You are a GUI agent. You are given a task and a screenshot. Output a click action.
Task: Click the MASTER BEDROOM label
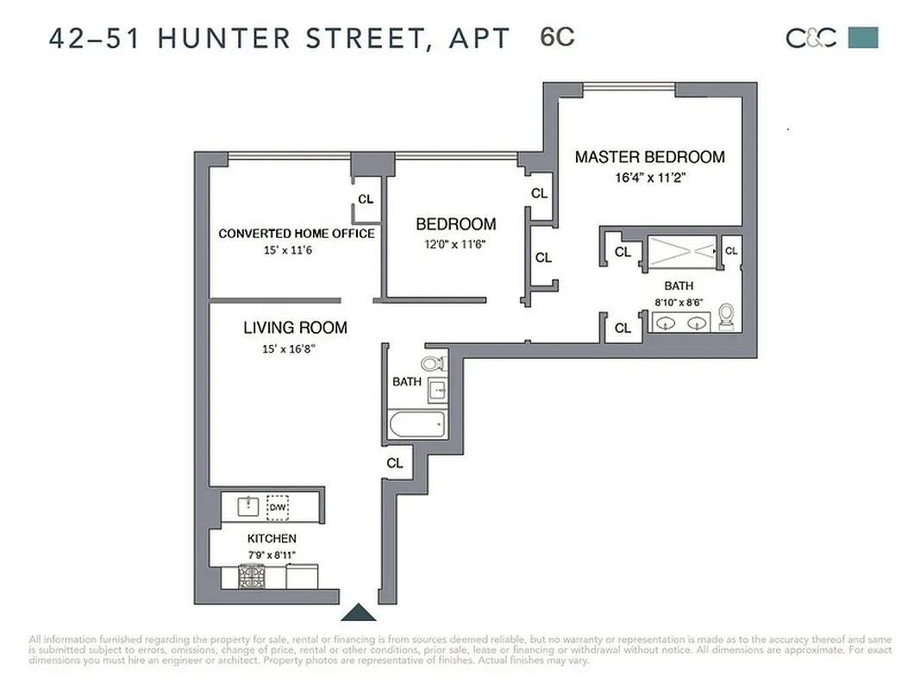pyautogui.click(x=649, y=157)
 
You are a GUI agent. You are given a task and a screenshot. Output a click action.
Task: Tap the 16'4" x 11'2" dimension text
pyautogui.click(x=649, y=179)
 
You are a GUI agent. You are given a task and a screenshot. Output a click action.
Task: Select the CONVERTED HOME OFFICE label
pyautogui.click(x=296, y=234)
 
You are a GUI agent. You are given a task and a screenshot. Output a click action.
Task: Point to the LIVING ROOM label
pyautogui.click(x=295, y=328)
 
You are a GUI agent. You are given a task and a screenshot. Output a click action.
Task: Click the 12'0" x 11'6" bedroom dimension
pyautogui.click(x=455, y=244)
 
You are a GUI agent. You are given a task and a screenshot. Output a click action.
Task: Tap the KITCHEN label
pyautogui.click(x=272, y=538)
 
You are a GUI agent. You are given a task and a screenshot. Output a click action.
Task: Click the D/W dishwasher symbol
pyautogui.click(x=277, y=506)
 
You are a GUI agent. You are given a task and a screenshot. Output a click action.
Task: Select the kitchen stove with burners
pyautogui.click(x=252, y=575)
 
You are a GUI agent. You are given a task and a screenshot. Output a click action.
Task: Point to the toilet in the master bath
pyautogui.click(x=727, y=317)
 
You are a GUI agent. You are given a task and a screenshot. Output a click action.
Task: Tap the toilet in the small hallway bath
pyautogui.click(x=432, y=363)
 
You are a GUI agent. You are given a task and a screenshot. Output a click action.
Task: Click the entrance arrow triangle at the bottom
pyautogui.click(x=358, y=612)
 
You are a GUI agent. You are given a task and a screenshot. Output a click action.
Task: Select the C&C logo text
pyautogui.click(x=810, y=38)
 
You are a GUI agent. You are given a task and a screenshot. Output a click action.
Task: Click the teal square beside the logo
pyautogui.click(x=863, y=37)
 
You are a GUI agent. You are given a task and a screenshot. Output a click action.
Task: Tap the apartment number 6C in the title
pyautogui.click(x=557, y=38)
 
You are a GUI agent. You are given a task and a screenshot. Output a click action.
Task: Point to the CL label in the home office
pyautogui.click(x=366, y=199)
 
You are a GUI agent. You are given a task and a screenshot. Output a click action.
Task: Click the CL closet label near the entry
pyautogui.click(x=395, y=463)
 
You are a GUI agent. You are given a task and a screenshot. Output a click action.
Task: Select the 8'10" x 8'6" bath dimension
pyautogui.click(x=678, y=303)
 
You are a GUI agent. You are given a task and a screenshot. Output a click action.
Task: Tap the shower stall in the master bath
pyautogui.click(x=681, y=250)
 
